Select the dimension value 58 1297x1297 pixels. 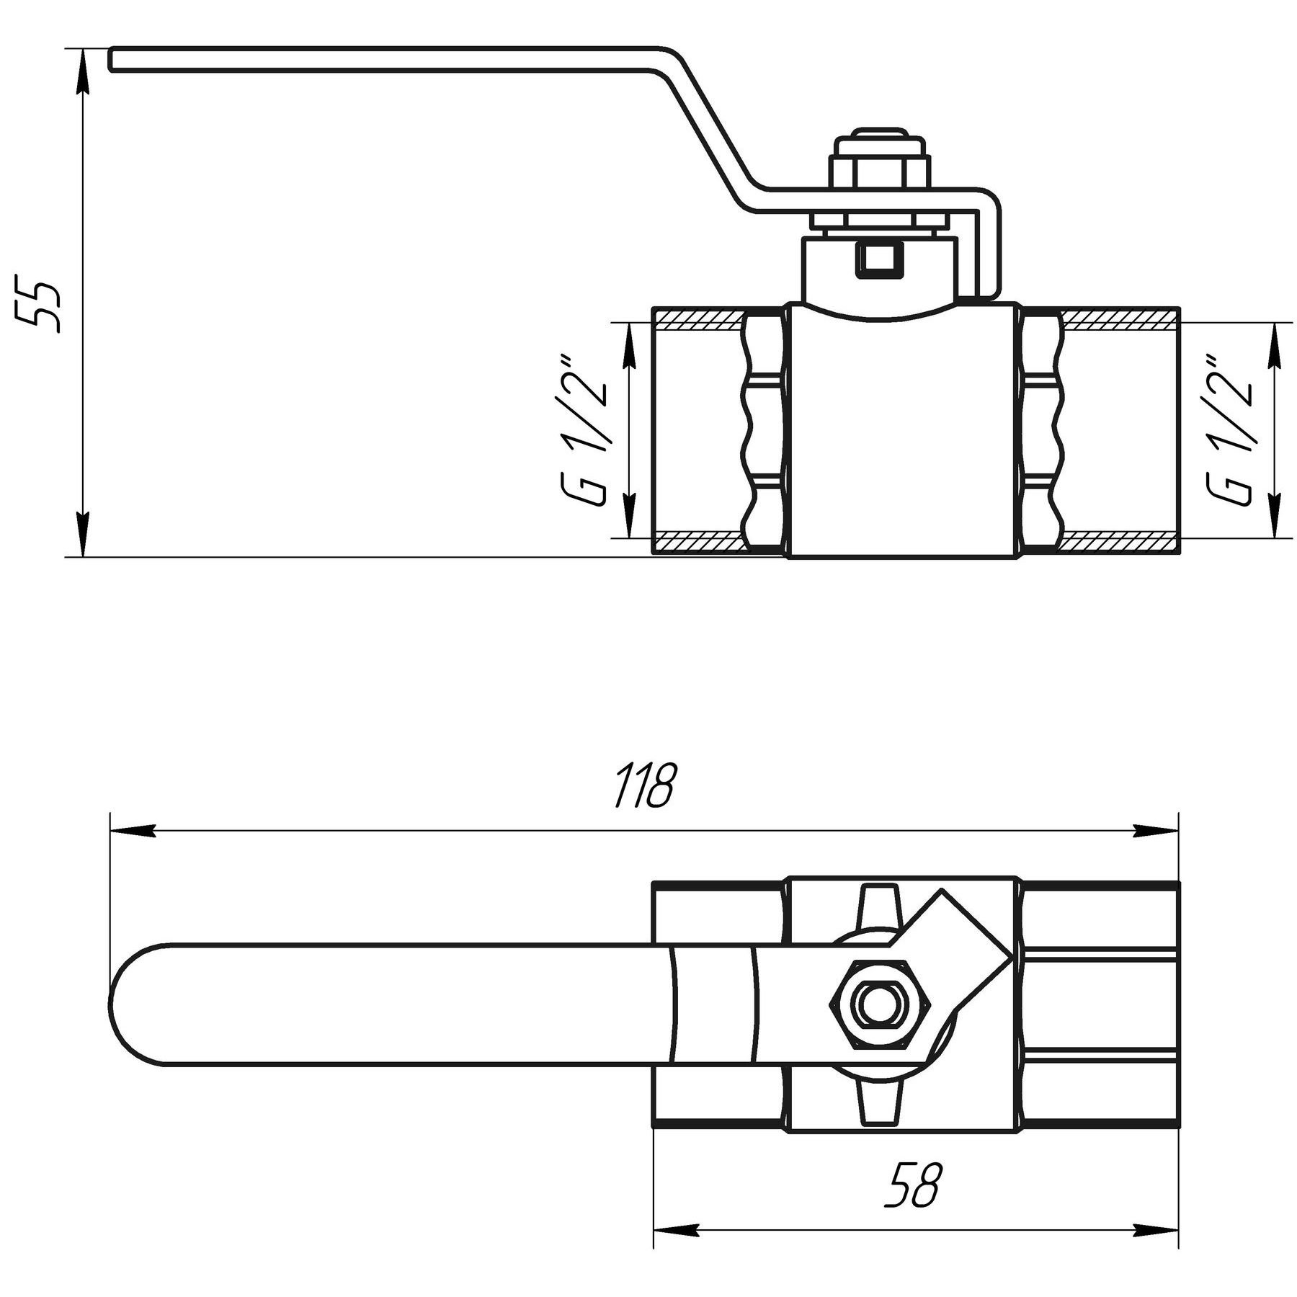(912, 1187)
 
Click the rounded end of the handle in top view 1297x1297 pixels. (137, 1004)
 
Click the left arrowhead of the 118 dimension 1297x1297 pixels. (133, 831)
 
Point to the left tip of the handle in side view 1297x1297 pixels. (112, 60)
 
